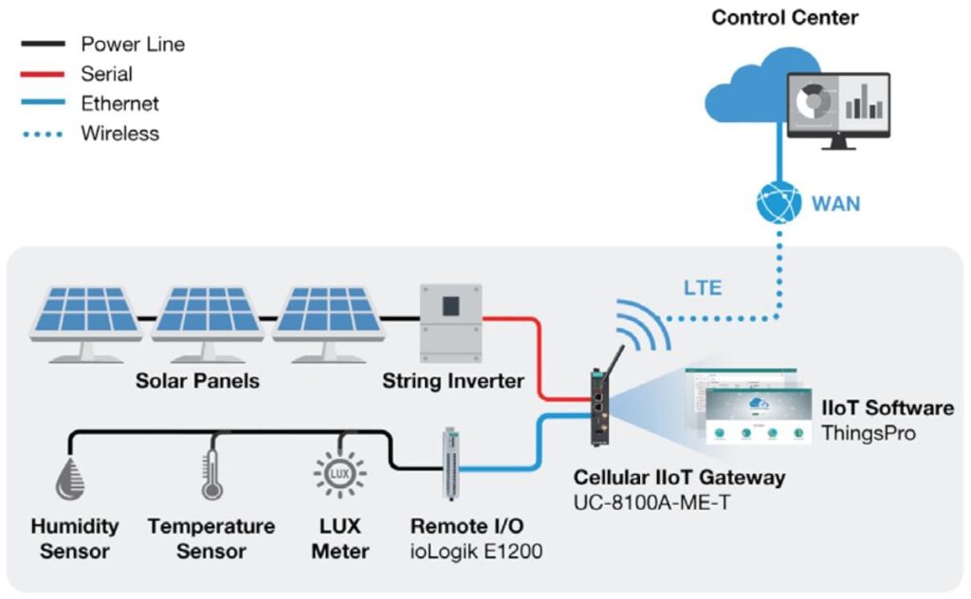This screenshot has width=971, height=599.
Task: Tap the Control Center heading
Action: (x=784, y=17)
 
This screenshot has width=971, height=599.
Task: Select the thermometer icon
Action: (x=212, y=475)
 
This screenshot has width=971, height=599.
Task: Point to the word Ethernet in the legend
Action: (x=119, y=104)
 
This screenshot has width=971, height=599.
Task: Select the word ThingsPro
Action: (x=867, y=433)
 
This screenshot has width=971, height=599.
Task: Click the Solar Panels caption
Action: (x=197, y=382)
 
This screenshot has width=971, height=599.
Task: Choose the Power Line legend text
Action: (x=133, y=44)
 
